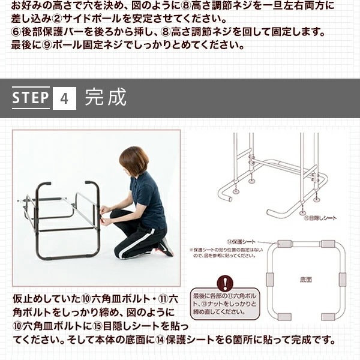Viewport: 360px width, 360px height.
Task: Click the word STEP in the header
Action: pos(31,98)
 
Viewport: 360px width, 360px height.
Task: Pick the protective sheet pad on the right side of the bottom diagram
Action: pos(343,279)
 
